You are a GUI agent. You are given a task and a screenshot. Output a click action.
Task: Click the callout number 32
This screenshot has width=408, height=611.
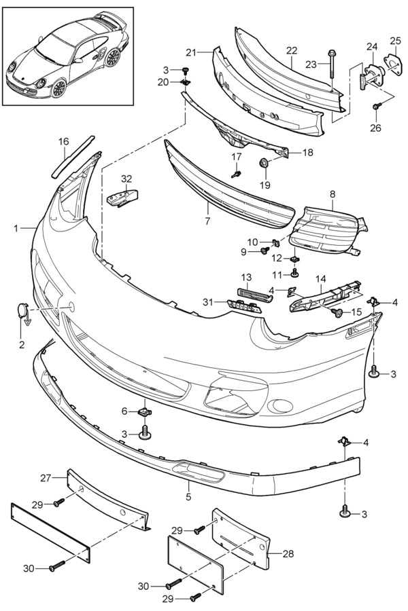pos(126,179)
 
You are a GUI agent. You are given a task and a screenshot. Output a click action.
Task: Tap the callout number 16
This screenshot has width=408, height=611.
pos(64,141)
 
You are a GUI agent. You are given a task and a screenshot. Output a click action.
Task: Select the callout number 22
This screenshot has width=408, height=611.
pos(292,51)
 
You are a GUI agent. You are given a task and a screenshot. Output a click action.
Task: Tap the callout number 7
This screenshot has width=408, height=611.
pos(207,221)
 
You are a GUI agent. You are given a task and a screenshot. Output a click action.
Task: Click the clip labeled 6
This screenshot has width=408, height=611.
pos(146,411)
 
